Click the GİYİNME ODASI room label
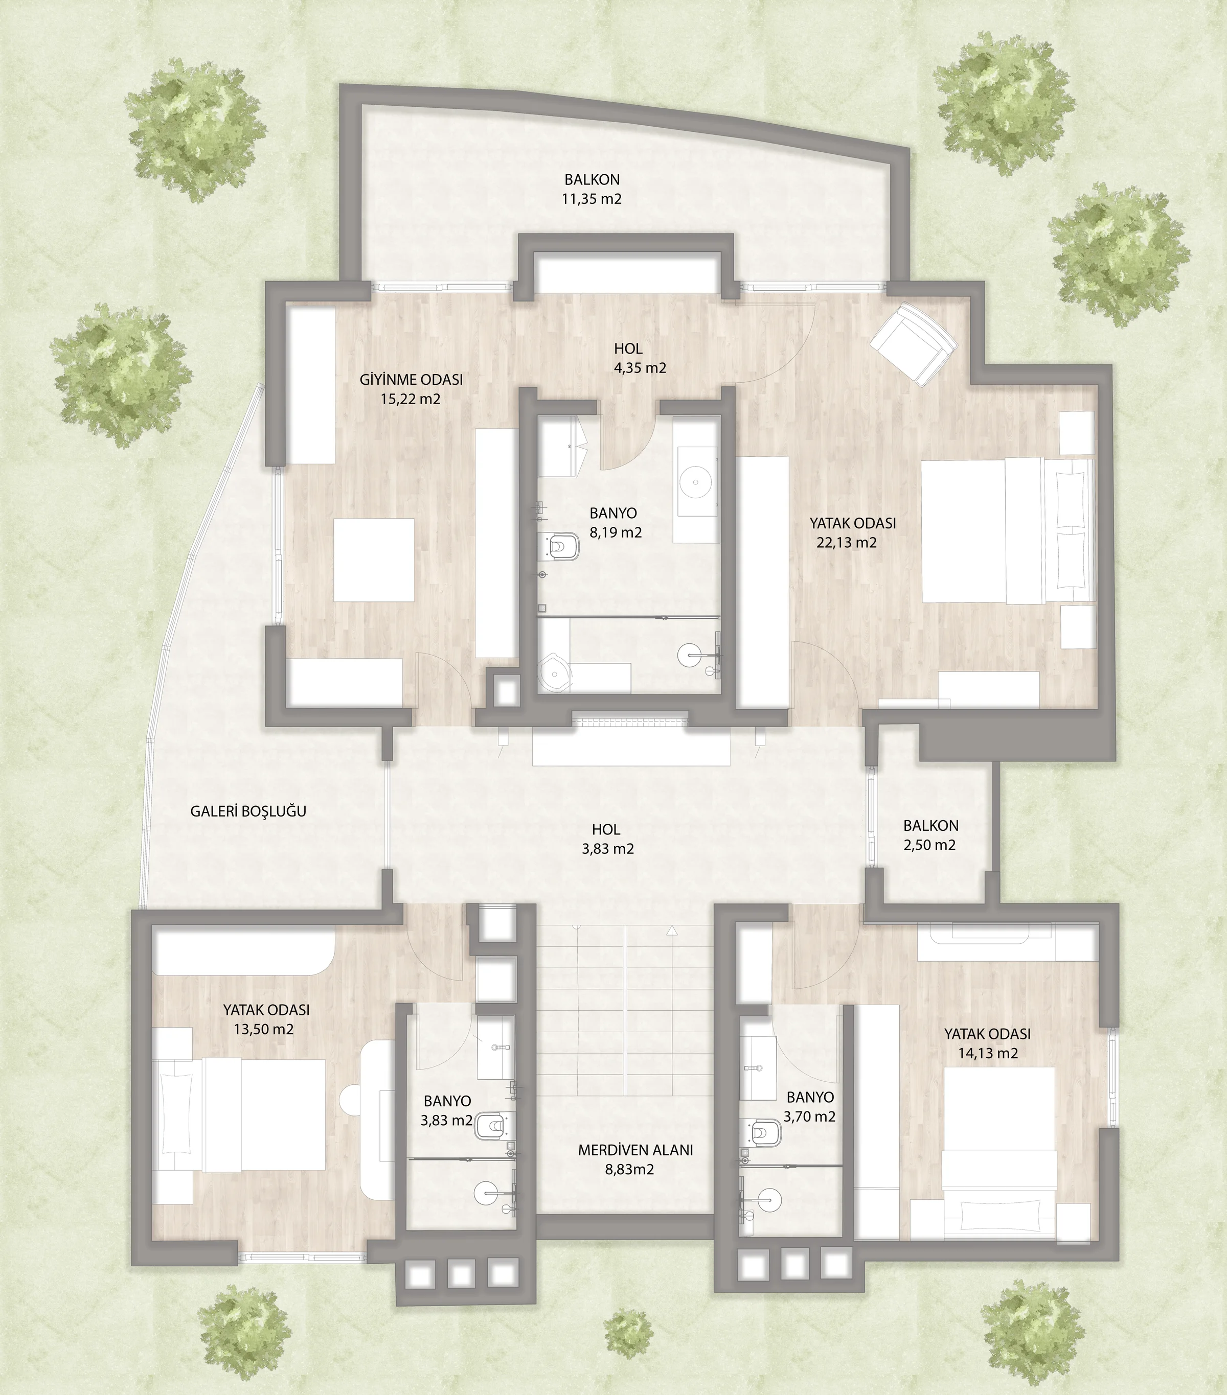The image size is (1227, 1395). (x=411, y=380)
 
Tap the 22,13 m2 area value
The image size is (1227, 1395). (x=847, y=543)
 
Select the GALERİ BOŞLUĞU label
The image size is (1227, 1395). (x=248, y=811)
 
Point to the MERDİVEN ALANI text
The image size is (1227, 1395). (x=635, y=1149)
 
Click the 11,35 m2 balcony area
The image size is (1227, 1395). (x=592, y=199)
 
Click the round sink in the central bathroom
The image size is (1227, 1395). (x=696, y=482)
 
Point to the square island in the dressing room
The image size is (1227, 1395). (x=374, y=560)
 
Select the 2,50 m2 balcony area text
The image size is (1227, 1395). (x=930, y=845)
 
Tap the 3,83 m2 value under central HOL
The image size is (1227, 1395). (x=608, y=849)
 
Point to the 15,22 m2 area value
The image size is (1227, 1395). (x=411, y=399)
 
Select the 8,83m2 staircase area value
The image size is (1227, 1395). (x=629, y=1169)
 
